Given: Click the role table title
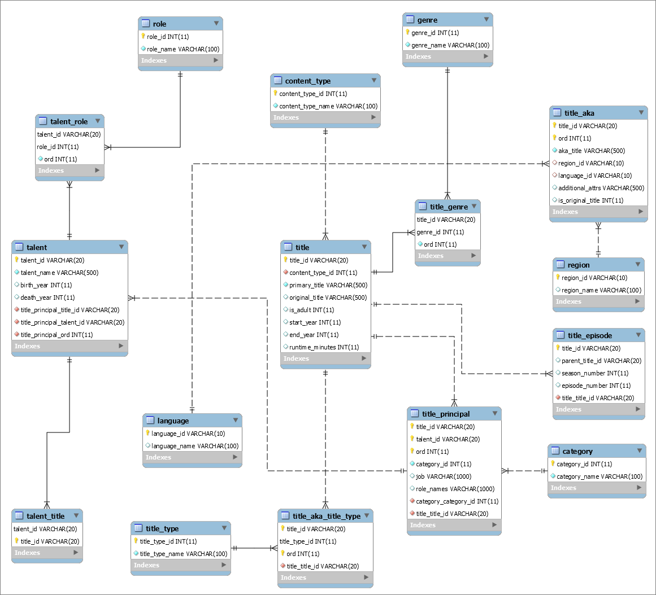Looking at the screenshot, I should click(x=159, y=24).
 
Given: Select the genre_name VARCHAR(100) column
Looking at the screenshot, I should click(x=450, y=45).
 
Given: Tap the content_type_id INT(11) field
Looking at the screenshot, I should click(x=313, y=94).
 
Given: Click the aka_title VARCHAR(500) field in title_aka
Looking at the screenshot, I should click(x=592, y=151).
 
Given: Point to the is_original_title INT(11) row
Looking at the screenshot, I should click(x=590, y=200).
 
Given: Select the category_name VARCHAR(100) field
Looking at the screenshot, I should click(x=599, y=476).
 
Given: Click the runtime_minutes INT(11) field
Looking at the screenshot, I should click(x=324, y=347).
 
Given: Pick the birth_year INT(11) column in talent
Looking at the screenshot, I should click(x=46, y=285).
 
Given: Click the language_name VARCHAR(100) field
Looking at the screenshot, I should click(x=195, y=446).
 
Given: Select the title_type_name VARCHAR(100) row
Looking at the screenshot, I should click(x=184, y=554).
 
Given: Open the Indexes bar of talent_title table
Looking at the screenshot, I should click(x=47, y=553).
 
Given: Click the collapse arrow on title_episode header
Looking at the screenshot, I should click(x=637, y=335).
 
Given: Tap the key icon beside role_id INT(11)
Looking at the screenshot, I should click(x=144, y=36).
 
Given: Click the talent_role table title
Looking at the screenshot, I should click(x=69, y=121).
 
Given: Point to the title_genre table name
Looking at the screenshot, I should click(x=449, y=207).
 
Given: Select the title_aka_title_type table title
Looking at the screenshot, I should click(x=326, y=516).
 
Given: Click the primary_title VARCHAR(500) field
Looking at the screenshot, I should click(x=328, y=285).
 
